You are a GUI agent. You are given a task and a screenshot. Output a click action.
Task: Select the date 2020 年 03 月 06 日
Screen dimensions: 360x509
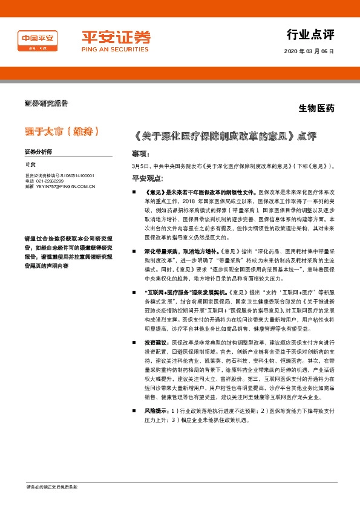[309, 52]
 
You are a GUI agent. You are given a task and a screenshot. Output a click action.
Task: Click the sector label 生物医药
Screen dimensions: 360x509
[316, 109]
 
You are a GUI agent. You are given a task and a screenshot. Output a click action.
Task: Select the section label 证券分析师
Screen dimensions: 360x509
[38, 151]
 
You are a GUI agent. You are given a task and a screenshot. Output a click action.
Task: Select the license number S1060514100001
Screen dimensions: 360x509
[70, 175]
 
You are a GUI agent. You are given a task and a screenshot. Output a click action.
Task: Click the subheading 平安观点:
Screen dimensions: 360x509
[148, 178]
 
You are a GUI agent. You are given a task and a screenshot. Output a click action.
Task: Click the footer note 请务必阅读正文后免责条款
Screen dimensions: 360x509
[51, 487]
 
